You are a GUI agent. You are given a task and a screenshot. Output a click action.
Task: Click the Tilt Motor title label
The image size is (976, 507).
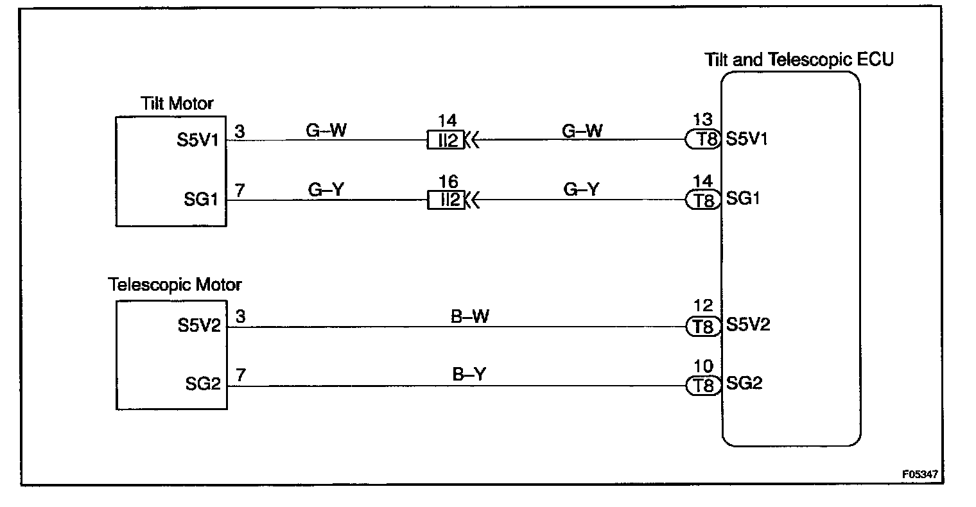coord(177,103)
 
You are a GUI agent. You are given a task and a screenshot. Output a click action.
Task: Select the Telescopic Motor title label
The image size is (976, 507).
coord(175,284)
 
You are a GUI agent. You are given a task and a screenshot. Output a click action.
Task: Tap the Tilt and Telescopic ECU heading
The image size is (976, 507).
coord(799,60)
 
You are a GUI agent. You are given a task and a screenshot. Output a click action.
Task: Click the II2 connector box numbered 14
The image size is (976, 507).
coord(446,140)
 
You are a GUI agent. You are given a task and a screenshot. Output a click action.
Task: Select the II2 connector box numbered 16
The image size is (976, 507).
coord(446,201)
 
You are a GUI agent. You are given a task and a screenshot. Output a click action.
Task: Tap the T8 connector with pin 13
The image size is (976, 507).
coord(704,139)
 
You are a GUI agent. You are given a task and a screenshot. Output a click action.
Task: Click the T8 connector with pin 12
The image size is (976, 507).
coord(704,327)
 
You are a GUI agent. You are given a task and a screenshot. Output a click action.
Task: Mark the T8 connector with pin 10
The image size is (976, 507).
coord(704,386)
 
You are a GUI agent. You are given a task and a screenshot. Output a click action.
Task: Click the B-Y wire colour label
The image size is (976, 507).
coord(469,374)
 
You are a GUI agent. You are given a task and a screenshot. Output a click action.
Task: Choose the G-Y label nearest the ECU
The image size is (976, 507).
coord(582,191)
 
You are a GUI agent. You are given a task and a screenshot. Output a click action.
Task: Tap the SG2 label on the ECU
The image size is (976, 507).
coord(745,384)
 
